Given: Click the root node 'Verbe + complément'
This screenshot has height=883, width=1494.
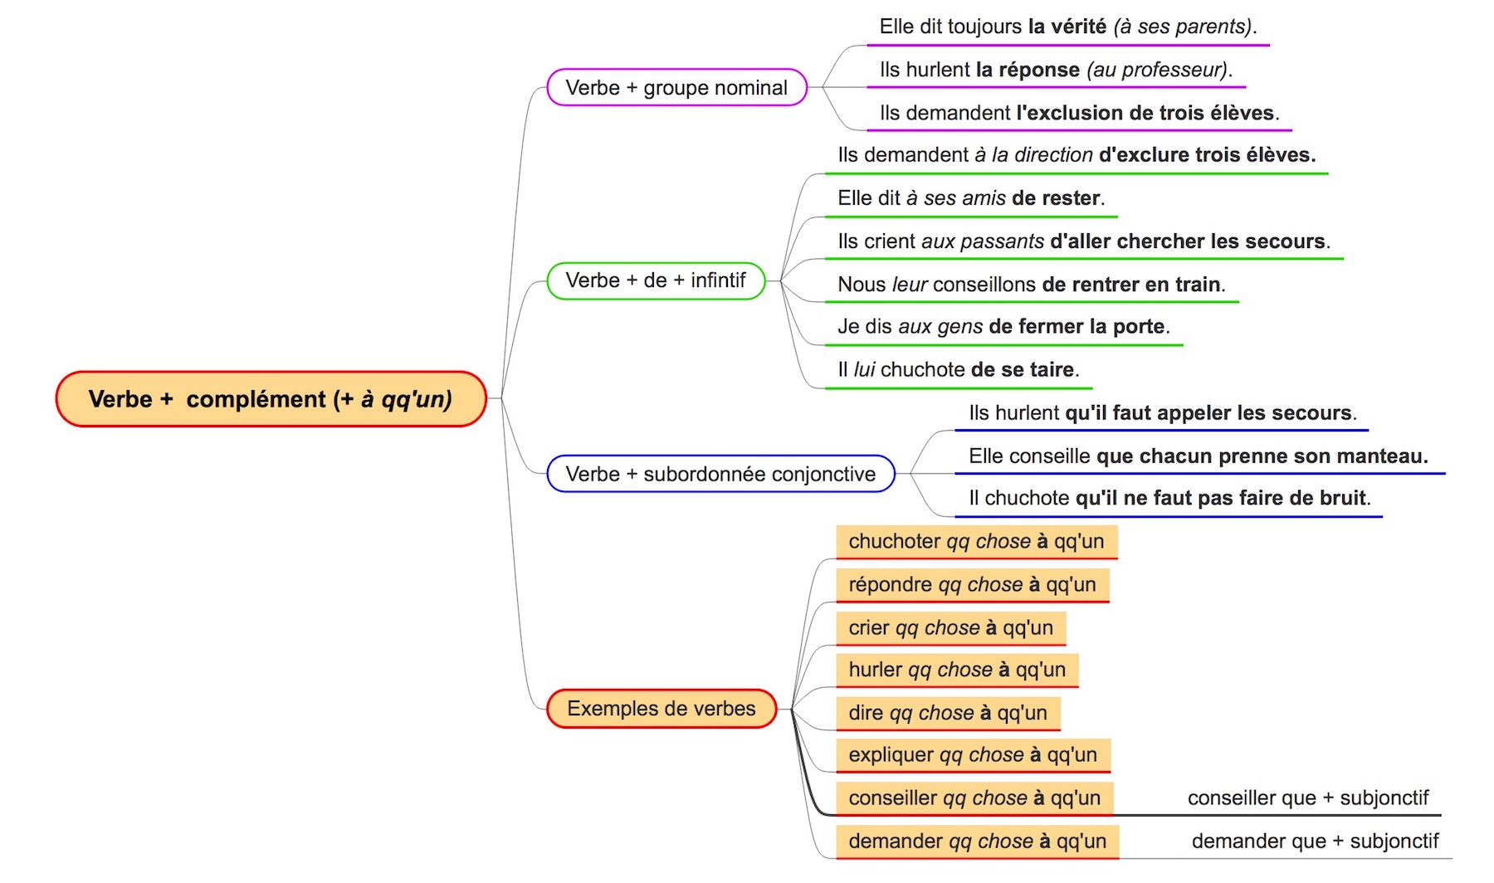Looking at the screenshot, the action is coord(271,399).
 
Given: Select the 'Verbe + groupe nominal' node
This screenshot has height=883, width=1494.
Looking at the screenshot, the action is coord(676,87).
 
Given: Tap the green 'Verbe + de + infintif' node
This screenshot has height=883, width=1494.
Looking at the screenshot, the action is coord(656,281).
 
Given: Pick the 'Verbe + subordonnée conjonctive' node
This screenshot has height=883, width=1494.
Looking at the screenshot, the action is coord(720,474).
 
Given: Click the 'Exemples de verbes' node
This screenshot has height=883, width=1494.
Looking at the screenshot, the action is coord(662,709).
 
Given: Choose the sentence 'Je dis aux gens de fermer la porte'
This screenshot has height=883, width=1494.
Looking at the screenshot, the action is coord(1003,327).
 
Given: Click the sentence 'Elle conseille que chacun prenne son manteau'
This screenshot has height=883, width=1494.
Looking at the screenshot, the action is coord(1199,456).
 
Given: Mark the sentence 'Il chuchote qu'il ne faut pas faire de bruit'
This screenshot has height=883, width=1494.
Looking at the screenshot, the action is coord(1169,498).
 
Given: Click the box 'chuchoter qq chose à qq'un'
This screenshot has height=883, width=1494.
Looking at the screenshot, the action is coord(976,542).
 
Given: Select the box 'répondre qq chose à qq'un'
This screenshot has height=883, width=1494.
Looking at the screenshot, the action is coord(972,585).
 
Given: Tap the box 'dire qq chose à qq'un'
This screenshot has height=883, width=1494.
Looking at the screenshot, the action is coord(948,713).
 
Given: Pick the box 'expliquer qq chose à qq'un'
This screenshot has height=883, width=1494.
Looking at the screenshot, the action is coord(973,755).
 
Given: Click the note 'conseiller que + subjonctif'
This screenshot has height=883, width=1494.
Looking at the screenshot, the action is coord(1308,798).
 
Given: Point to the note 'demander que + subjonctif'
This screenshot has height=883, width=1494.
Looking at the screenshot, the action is coord(1316,842).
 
